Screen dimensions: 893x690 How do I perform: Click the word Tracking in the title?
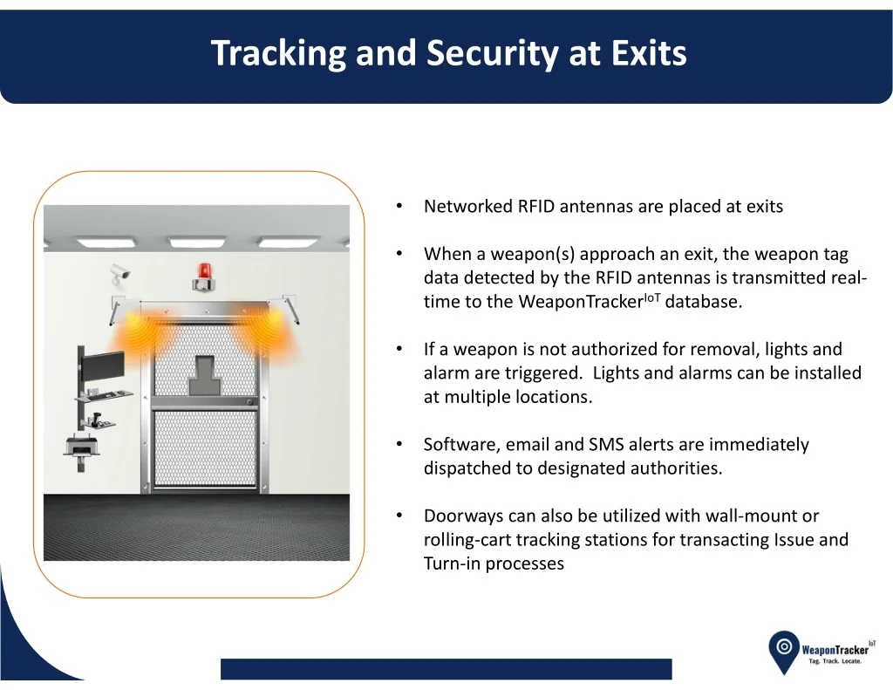(x=278, y=53)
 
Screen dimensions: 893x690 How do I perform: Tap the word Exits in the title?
(x=649, y=52)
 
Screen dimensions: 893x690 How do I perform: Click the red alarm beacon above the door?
(x=202, y=277)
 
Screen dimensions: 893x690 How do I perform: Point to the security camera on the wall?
(x=119, y=275)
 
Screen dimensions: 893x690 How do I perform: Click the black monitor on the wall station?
(x=103, y=367)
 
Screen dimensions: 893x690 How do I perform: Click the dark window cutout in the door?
(x=202, y=375)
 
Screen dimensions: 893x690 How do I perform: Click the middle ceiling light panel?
(x=197, y=243)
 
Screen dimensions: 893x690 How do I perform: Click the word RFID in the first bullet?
(x=536, y=206)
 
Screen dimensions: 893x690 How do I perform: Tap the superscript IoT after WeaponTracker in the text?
(x=652, y=297)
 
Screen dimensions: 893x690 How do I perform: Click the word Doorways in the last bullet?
(x=463, y=517)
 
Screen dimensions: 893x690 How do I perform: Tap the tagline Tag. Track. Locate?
(x=835, y=661)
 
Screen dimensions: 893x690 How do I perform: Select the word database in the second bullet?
(x=704, y=302)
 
